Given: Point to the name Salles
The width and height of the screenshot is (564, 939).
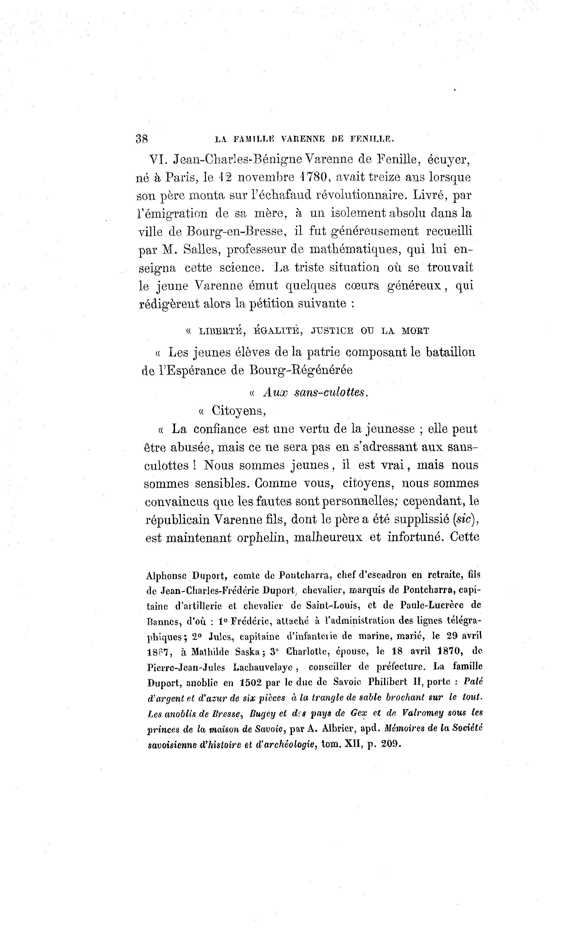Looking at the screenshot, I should click(x=200, y=250).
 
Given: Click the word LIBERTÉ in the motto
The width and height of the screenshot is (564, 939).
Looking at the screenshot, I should click(x=221, y=331).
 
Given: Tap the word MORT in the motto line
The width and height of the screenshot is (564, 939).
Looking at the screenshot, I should click(x=416, y=331).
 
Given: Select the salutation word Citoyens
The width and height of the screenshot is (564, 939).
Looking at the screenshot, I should click(x=238, y=411).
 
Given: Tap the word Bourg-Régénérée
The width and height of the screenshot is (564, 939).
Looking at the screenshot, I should click(x=301, y=370).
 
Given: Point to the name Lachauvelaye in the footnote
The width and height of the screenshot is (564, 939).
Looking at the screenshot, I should click(x=263, y=667).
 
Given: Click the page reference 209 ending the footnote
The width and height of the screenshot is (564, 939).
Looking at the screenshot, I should click(x=391, y=744).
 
